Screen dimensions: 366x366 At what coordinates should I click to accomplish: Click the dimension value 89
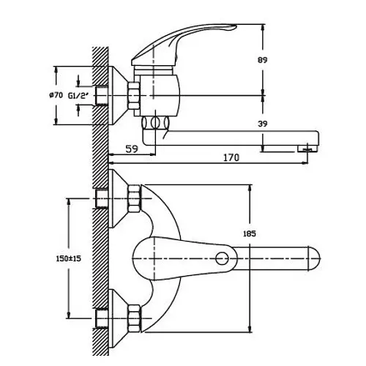pyautogui.click(x=263, y=60)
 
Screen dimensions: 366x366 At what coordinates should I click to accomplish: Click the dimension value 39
pyautogui.click(x=263, y=124)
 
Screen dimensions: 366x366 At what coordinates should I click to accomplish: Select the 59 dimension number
pyautogui.click(x=132, y=149)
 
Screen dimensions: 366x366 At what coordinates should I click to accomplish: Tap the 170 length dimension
pyautogui.click(x=231, y=157)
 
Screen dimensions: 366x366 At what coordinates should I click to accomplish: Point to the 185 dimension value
pyautogui.click(x=250, y=234)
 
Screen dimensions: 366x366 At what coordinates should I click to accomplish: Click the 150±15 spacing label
pyautogui.click(x=68, y=258)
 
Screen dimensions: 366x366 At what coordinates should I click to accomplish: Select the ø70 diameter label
pyautogui.click(x=56, y=95)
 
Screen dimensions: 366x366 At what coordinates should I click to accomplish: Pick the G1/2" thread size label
pyautogui.click(x=78, y=96)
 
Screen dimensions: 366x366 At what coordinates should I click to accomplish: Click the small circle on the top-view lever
pyautogui.click(x=222, y=258)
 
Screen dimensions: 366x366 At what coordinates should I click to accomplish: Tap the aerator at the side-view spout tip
pyautogui.click(x=308, y=149)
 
